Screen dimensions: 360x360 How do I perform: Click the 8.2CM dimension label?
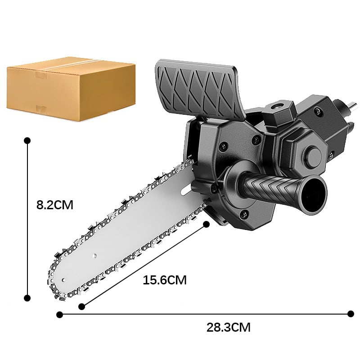pyautogui.click(x=54, y=205)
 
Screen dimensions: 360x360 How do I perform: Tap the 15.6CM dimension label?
pyautogui.click(x=164, y=280)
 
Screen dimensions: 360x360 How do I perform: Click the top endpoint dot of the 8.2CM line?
pyautogui.click(x=27, y=140)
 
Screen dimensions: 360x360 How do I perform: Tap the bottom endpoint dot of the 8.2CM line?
pyautogui.click(x=27, y=297)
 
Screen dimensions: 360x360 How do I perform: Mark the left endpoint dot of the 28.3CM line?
pyautogui.click(x=59, y=314)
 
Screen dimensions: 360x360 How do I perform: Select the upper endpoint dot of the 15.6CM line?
pyautogui.click(x=207, y=224)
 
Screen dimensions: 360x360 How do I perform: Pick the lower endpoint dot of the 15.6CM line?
pyautogui.click(x=81, y=306)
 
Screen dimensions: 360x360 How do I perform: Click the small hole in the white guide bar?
pyautogui.click(x=95, y=256)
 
